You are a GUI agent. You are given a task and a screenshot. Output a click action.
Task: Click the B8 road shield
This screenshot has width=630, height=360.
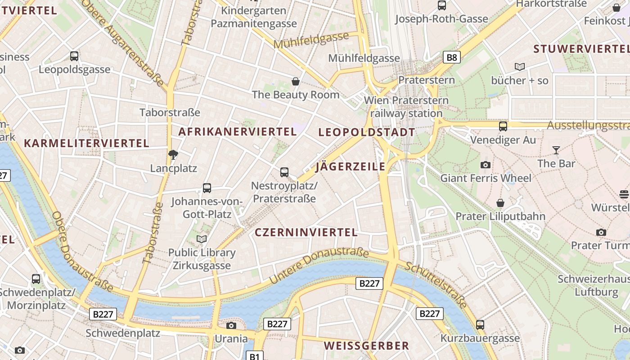coord(452,57)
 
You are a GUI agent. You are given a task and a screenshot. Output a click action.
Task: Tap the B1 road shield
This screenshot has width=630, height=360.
coord(255,356)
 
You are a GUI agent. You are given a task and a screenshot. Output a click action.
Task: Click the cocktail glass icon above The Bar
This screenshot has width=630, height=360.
coord(556,150)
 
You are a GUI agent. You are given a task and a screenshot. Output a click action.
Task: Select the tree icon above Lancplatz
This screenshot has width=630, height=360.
coord(173,155)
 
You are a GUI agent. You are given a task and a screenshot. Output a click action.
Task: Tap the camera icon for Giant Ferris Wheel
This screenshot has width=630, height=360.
coord(485,165)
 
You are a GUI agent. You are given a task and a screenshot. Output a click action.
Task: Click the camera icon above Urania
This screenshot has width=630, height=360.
coord(231,325)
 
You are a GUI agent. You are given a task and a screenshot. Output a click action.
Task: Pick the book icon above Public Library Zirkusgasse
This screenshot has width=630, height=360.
coord(202,239)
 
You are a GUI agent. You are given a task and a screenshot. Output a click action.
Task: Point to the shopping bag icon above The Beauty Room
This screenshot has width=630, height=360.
coord(296,81)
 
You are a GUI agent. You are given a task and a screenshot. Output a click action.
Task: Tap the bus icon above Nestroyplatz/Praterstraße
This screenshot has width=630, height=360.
coord(284,172)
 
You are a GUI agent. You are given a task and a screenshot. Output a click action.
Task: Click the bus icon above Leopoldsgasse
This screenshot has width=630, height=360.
coord(74,56)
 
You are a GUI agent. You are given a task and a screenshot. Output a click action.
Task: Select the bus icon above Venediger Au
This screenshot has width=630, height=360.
coord(503,126)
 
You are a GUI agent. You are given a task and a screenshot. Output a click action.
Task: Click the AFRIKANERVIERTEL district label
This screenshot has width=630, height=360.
coord(238,132)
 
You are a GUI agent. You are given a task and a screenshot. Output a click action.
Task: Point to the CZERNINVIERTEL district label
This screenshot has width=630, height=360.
coord(306,233)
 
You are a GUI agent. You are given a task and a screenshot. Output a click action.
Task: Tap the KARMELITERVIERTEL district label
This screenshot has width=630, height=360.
coord(86,144)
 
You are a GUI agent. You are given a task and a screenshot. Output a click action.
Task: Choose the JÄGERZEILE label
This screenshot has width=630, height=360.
coord(351,166)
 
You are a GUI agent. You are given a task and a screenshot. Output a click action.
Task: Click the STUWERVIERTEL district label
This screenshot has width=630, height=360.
coord(580,49)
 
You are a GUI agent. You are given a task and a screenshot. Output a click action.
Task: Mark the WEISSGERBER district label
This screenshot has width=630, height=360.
coord(366,346)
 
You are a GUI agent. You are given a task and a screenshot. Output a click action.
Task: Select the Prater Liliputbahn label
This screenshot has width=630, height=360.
coord(500,216)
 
